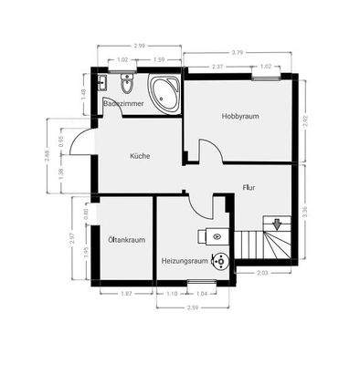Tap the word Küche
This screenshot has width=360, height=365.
(139, 156)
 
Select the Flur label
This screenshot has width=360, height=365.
(248, 188)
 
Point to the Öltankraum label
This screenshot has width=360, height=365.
(126, 240)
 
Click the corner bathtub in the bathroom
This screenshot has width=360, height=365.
(164, 93)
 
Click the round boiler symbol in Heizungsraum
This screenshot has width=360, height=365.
(219, 263)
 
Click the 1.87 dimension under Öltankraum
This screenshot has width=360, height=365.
(127, 294)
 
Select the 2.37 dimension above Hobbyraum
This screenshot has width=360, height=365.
(217, 66)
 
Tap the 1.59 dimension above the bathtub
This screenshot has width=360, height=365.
(159, 61)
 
